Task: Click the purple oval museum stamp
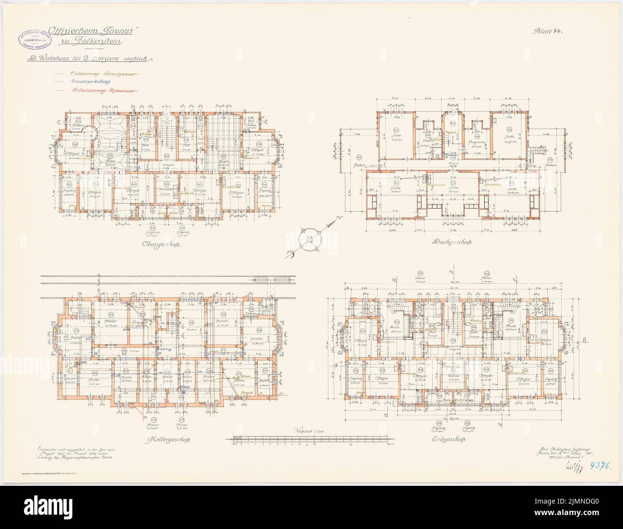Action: point(35,42)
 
